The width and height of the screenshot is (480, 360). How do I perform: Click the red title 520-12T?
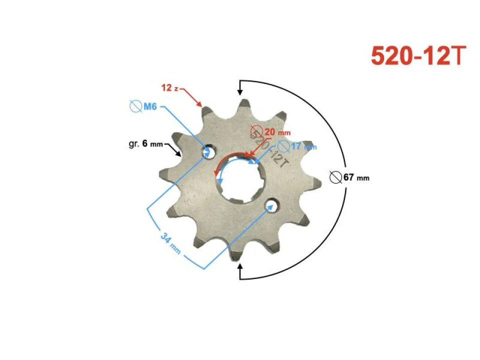(418, 56)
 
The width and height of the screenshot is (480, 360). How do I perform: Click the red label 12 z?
(170, 88)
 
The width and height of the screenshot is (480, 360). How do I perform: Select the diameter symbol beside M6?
(135, 106)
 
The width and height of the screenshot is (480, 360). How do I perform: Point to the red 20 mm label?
(276, 132)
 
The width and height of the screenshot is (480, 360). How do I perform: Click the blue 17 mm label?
(303, 146)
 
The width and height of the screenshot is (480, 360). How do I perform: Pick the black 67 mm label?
(356, 177)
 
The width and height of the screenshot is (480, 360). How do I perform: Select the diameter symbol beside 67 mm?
(336, 176)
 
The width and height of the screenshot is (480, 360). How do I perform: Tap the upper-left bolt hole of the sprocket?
(209, 151)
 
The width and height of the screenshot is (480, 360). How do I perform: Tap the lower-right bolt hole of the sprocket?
(271, 205)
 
